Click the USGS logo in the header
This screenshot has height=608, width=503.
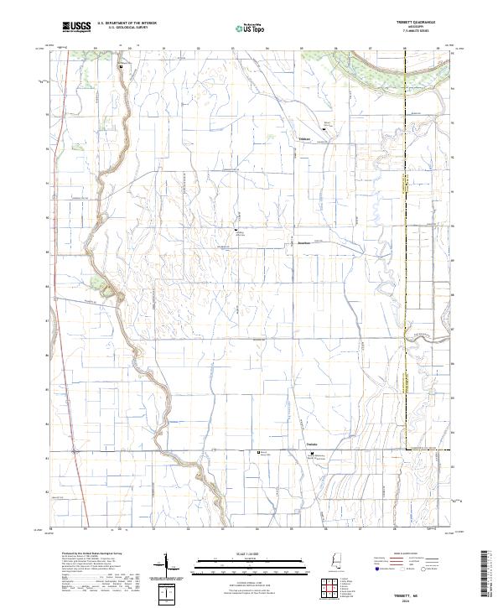coord(76,28)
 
